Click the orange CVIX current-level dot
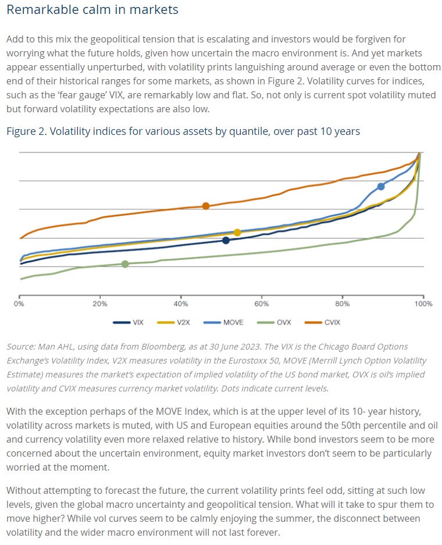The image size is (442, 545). tap(205, 206)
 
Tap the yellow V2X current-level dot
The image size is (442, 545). tap(237, 233)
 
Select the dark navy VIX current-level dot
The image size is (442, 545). tap(226, 240)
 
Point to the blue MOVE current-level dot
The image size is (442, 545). tap(381, 186)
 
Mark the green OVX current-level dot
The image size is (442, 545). tap(125, 264)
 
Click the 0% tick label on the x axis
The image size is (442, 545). tap(19, 304)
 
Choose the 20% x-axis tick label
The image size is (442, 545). tap(100, 304)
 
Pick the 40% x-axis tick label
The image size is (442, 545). tap(181, 304)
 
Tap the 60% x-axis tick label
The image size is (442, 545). tap(262, 304)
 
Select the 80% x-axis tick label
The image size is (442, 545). tap(343, 304)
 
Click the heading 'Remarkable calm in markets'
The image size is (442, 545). tap(92, 10)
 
